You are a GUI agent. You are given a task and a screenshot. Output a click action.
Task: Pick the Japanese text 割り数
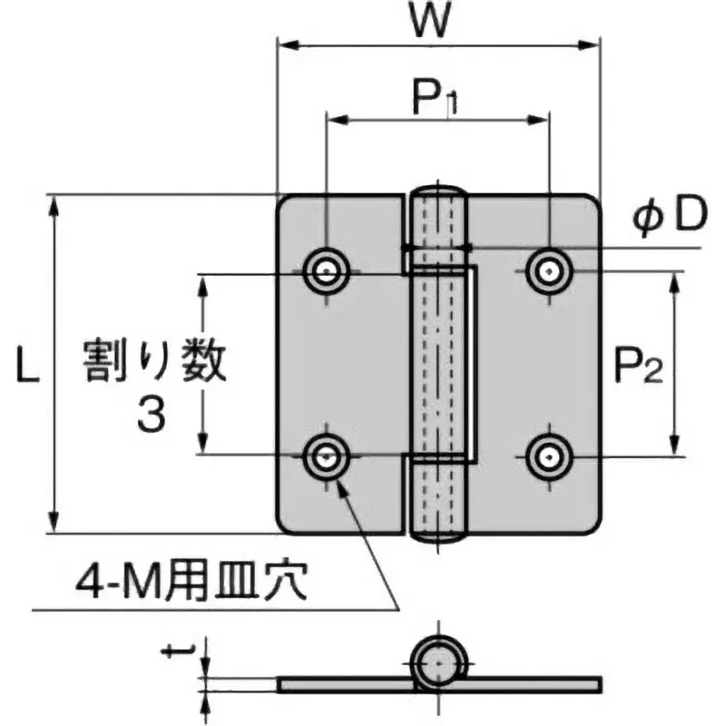(152, 362)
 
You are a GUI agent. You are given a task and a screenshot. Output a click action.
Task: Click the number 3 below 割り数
(152, 416)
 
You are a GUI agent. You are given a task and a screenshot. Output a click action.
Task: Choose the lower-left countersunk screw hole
(325, 456)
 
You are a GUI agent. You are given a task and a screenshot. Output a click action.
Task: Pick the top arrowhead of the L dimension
(56, 202)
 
